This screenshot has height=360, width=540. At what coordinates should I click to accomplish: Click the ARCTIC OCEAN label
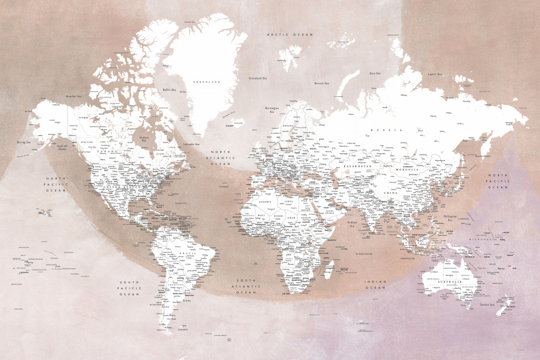coord(290,35)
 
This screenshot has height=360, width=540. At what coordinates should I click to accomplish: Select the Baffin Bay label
coord(170,90)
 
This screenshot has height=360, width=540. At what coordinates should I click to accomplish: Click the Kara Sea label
coord(375,73)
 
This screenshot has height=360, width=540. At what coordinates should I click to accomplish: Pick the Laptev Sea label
coord(435,74)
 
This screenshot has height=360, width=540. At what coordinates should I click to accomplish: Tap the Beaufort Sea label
coord(73,96)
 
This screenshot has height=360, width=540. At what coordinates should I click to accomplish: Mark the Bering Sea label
coord(24,142)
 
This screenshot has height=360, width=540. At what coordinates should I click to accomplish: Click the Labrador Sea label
coord(191,144)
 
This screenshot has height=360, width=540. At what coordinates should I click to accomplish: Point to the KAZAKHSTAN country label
coord(358,167)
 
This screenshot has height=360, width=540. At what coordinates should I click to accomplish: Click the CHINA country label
coord(391,193)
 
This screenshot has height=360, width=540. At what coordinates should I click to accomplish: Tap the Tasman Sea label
coord(488,305)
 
